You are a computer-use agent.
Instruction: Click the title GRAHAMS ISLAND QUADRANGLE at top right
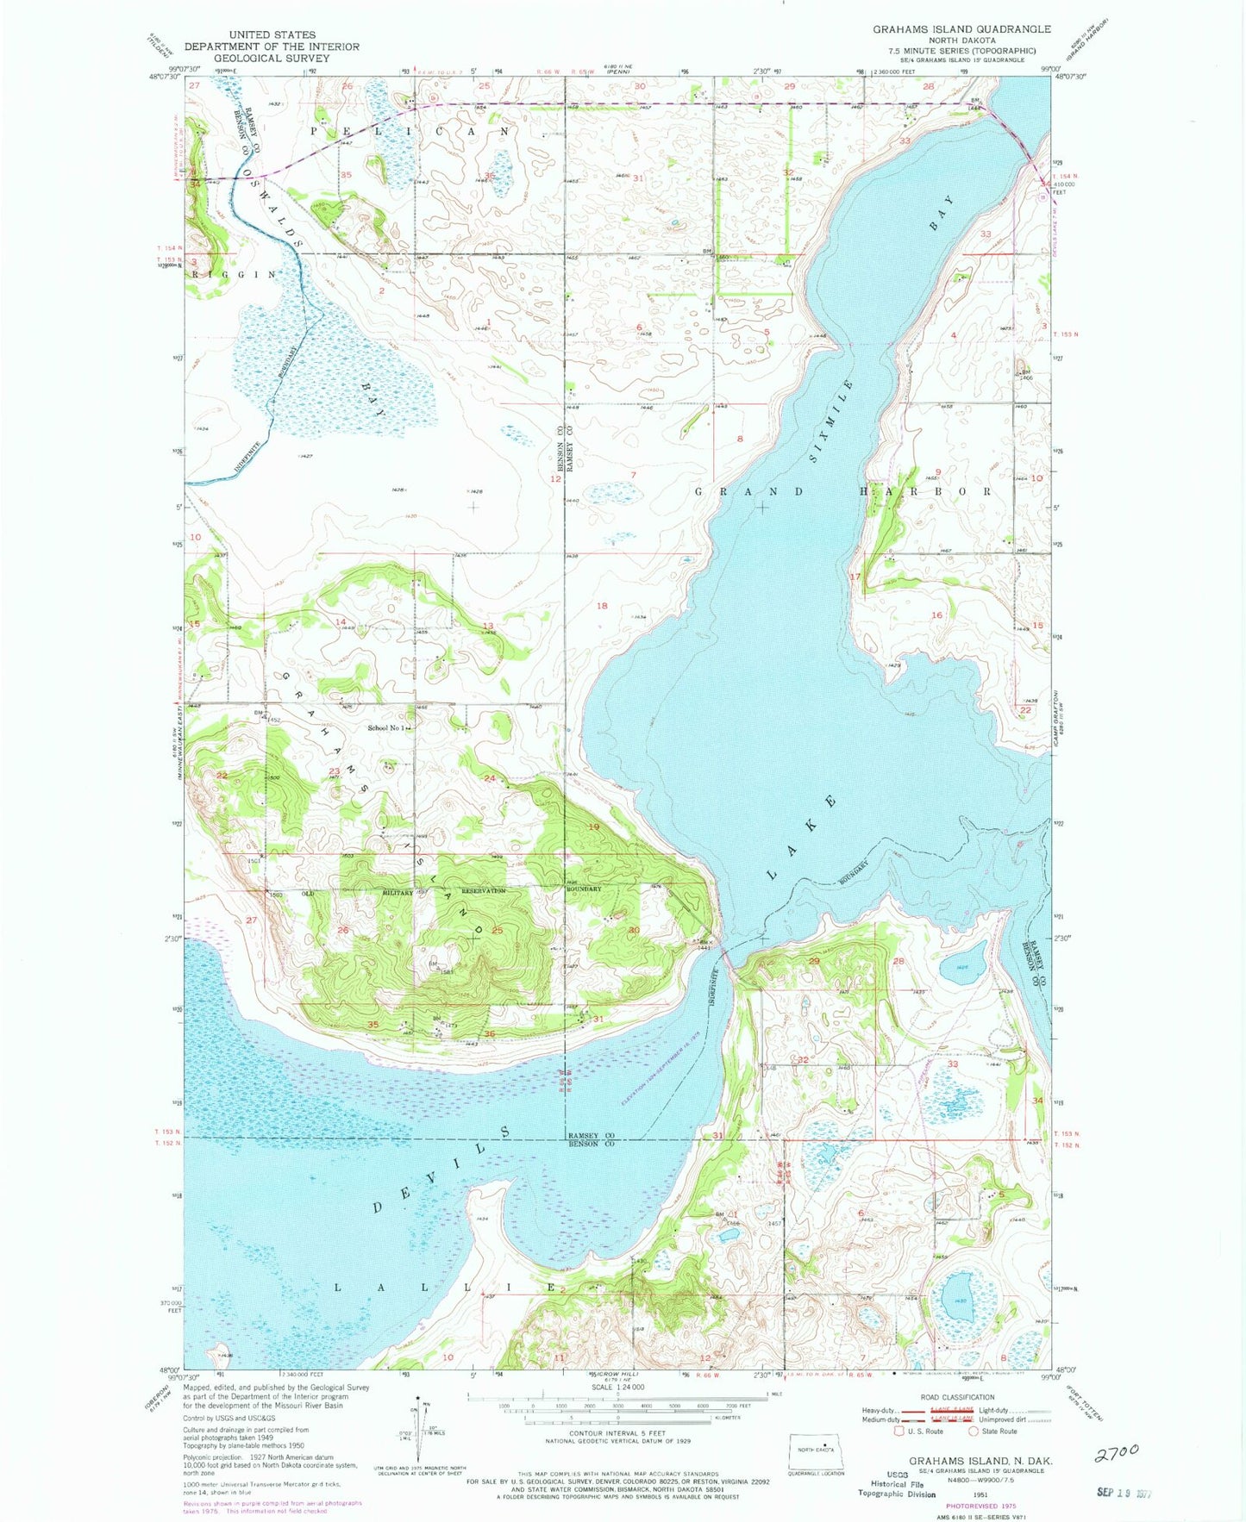(961, 29)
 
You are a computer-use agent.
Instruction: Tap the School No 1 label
(386, 728)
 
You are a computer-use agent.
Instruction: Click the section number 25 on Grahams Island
(497, 931)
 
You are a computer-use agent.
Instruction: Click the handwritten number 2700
(1117, 1452)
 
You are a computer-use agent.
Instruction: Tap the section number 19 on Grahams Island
(593, 826)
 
